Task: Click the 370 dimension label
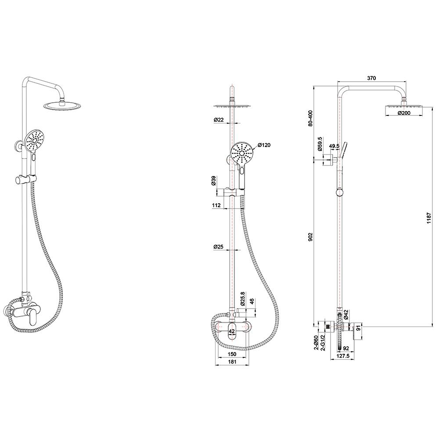click(371, 78)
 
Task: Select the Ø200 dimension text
click(404, 113)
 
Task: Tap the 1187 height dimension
click(429, 218)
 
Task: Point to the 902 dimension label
click(310, 237)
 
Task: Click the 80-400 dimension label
click(310, 119)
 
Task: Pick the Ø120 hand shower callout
click(264, 145)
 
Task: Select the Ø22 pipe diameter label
click(219, 119)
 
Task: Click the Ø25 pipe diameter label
click(218, 247)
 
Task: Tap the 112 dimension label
click(216, 205)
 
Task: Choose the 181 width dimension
click(232, 361)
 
